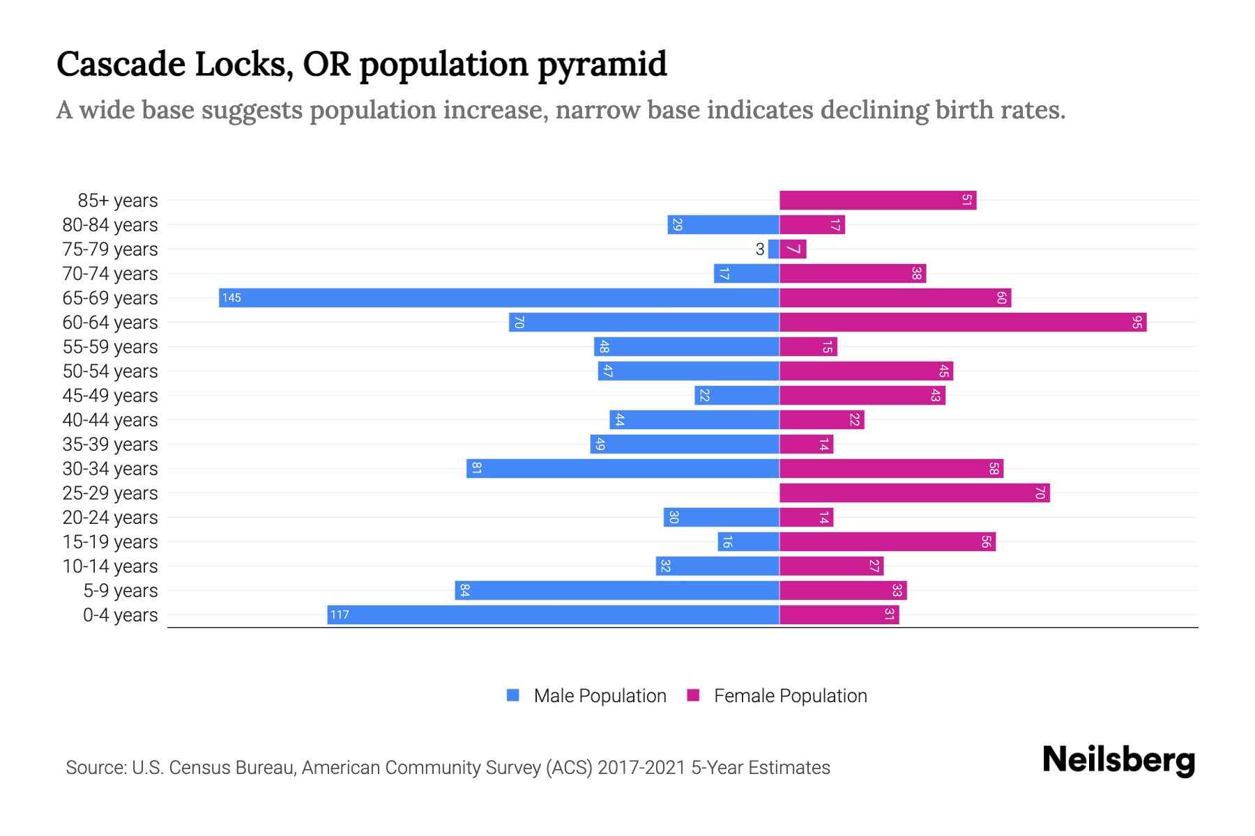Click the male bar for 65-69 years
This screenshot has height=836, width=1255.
pyautogui.click(x=499, y=298)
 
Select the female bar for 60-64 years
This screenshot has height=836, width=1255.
pyautogui.click(x=962, y=323)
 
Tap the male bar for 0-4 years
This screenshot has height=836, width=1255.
pyautogui.click(x=553, y=615)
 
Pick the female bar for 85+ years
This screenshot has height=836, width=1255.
pyautogui.click(x=877, y=201)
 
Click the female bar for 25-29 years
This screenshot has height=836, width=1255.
pyautogui.click(x=914, y=493)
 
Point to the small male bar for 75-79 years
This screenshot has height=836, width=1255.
pyautogui.click(x=773, y=249)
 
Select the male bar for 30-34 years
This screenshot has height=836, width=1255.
pyautogui.click(x=623, y=469)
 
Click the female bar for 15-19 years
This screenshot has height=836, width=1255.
pyautogui.click(x=887, y=542)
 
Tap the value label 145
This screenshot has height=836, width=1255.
pyautogui.click(x=231, y=298)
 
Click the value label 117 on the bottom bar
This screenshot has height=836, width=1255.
pyautogui.click(x=340, y=615)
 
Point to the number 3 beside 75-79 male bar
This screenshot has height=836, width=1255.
pyautogui.click(x=759, y=249)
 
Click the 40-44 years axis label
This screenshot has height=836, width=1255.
pyautogui.click(x=110, y=420)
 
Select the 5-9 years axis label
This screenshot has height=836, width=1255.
pyautogui.click(x=121, y=591)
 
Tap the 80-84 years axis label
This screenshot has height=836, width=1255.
pyautogui.click(x=110, y=225)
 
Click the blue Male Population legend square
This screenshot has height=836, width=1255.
pyautogui.click(x=513, y=695)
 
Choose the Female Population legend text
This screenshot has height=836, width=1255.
pyautogui.click(x=790, y=696)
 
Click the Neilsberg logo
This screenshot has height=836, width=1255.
pyautogui.click(x=1118, y=760)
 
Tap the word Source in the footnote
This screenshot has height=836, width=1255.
pyautogui.click(x=95, y=768)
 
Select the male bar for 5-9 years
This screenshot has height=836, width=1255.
pyautogui.click(x=616, y=591)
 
